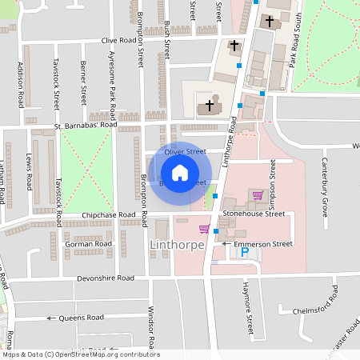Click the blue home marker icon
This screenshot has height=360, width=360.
tap(180, 173)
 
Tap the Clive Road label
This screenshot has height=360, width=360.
tap(120, 40)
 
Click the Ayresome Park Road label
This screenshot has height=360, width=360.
tap(112, 80)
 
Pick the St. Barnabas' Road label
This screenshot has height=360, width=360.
tap(86, 126)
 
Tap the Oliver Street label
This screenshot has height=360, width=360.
tap(185, 151)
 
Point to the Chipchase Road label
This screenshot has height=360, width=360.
tap(107, 215)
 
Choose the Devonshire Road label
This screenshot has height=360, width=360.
tap(105, 278)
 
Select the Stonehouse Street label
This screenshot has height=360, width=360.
tap(254, 214)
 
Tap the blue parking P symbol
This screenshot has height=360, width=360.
tap(246, 253)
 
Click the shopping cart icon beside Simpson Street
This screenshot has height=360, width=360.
tap(258, 194)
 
